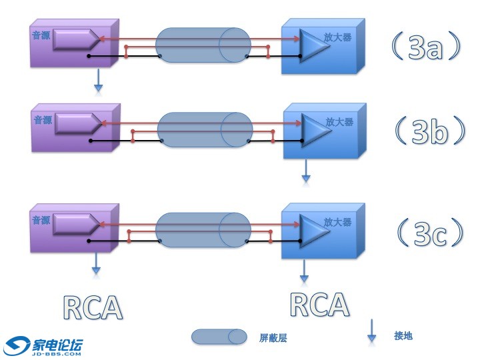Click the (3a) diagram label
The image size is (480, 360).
pyautogui.click(x=426, y=47)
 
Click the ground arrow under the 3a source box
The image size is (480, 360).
pyautogui.click(x=99, y=79)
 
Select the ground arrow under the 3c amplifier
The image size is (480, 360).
pyautogui.click(x=305, y=269)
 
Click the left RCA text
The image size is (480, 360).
pyautogui.click(x=93, y=307)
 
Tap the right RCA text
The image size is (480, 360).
pyautogui.click(x=320, y=303)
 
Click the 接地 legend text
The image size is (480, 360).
pyautogui.click(x=403, y=335)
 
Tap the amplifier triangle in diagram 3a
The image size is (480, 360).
pyautogui.click(x=311, y=43)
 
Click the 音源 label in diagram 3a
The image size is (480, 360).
pyautogui.click(x=41, y=35)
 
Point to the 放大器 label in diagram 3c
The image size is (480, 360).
pyautogui.click(x=337, y=222)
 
